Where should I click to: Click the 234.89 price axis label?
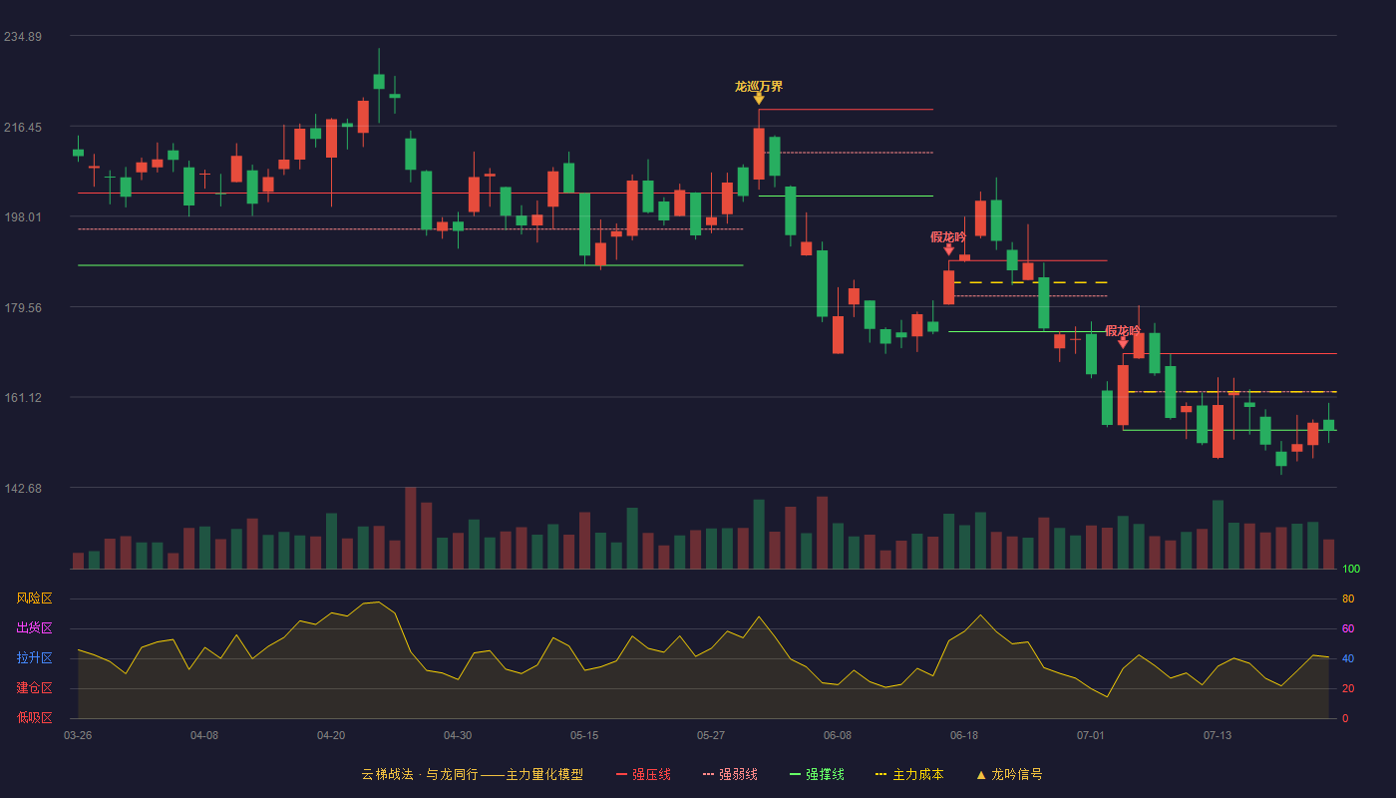point(23,37)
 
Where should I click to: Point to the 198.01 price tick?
point(23,217)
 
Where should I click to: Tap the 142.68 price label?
point(23,488)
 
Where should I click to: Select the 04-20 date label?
point(331,736)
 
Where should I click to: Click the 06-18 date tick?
point(964,736)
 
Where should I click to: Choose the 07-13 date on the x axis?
point(1218,736)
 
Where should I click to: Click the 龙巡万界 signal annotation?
point(759,87)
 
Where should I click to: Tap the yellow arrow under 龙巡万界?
point(759,99)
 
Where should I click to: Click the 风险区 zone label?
point(34,598)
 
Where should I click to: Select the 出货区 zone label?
point(34,627)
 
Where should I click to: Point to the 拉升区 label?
point(34,657)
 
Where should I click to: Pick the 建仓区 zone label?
point(34,687)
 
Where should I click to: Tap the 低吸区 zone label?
point(34,717)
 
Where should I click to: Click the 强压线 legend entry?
point(643,774)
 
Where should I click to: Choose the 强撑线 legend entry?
point(817,774)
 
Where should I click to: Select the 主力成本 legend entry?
point(909,774)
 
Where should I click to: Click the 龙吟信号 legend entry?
point(1009,774)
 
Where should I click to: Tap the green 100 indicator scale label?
point(1351,569)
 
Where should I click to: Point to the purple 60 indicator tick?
point(1348,628)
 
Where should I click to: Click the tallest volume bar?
point(411,528)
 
